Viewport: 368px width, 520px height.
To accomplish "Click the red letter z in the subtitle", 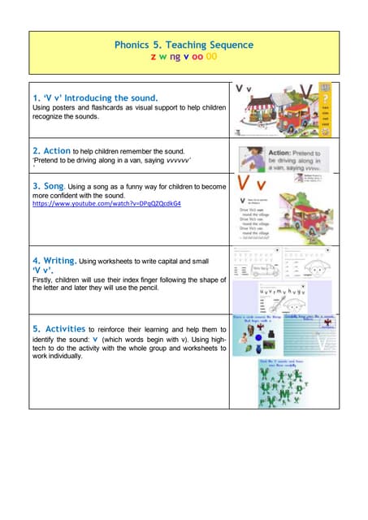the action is click(x=154, y=58).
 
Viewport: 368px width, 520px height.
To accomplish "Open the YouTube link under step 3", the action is click(x=106, y=204).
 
